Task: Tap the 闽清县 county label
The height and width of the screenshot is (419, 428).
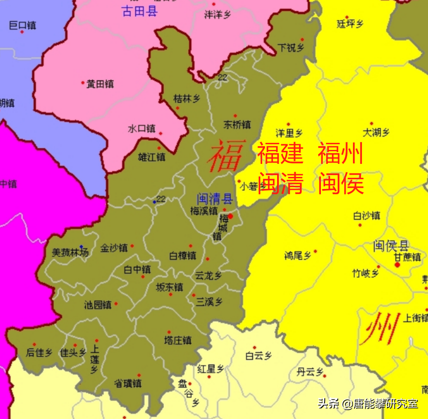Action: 215,200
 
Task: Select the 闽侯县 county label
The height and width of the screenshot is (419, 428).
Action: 391,246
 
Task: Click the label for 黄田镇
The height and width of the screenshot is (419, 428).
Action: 100,84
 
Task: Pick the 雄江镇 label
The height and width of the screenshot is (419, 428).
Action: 152,157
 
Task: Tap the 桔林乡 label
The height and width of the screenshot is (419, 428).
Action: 187,99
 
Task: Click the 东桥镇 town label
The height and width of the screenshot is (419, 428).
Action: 237,125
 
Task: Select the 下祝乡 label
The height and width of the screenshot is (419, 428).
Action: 291,47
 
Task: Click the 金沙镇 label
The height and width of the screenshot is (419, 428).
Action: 114,248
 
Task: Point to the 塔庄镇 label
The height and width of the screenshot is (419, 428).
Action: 178,340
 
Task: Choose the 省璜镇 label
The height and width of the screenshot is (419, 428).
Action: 128,384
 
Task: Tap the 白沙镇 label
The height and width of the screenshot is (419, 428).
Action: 367,216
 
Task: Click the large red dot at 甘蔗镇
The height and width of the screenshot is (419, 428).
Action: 397,265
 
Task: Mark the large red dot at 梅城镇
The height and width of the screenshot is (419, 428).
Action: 230,216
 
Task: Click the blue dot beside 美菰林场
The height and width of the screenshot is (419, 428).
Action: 82,247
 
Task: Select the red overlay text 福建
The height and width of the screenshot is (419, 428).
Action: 280,154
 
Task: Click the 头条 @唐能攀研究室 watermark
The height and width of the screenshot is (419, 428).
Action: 368,404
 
